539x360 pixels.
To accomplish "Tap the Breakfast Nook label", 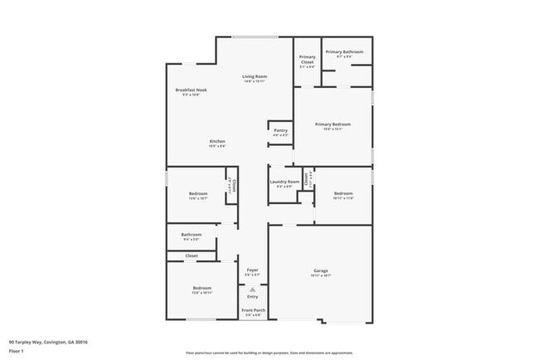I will pyautogui.click(x=191, y=90).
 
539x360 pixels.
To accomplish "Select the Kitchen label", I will pyautogui.click(x=216, y=141).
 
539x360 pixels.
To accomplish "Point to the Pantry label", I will pyautogui.click(x=280, y=129).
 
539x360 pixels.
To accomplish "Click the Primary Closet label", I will pyautogui.click(x=307, y=59).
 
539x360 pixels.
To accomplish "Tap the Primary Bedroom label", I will pyautogui.click(x=333, y=124).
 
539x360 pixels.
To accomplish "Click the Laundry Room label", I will pyautogui.click(x=284, y=181).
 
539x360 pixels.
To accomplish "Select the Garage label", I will pyautogui.click(x=321, y=270).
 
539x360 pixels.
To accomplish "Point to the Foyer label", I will pyautogui.click(x=253, y=270).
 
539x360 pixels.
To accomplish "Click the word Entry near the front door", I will pyautogui.click(x=252, y=296).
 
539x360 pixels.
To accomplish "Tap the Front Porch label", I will pyautogui.click(x=252, y=310).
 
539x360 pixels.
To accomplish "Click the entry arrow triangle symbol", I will pyautogui.click(x=252, y=289).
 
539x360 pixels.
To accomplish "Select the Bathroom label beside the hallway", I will pyautogui.click(x=192, y=235).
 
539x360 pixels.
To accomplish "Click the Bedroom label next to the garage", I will pyautogui.click(x=343, y=193).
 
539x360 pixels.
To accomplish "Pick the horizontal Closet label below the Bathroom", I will pyautogui.click(x=192, y=255).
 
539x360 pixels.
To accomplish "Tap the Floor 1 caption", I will pyautogui.click(x=17, y=351).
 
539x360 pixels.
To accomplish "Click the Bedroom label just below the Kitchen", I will pyautogui.click(x=197, y=194).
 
